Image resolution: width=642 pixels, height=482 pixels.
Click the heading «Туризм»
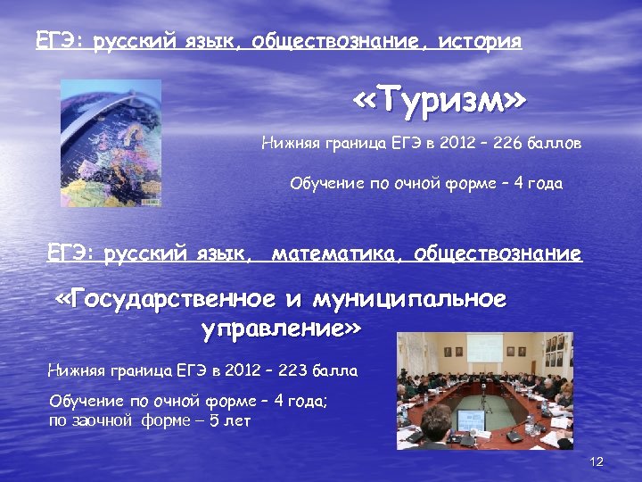coord(439,102)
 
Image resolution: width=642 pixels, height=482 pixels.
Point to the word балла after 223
coord(337,370)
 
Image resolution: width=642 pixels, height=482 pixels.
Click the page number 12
coord(597,461)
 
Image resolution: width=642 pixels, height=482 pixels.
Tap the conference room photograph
coord(484,390)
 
